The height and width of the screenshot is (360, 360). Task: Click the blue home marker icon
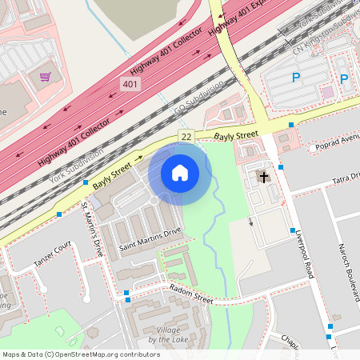coord(180,173)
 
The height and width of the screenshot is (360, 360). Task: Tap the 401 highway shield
coord(129,83)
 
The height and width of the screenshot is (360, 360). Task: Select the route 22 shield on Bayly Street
coord(186,137)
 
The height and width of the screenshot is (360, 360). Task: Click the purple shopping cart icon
coord(45,77)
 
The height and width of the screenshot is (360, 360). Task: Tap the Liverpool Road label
coord(305,254)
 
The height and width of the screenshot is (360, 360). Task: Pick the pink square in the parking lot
coord(328,92)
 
